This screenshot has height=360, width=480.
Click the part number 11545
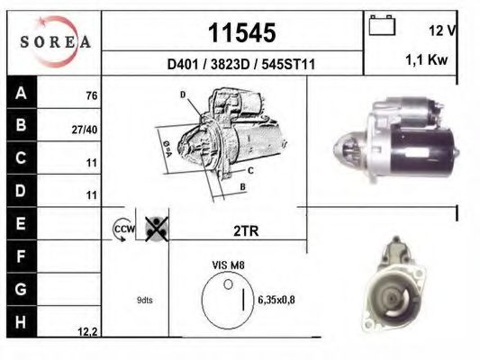click(x=241, y=33)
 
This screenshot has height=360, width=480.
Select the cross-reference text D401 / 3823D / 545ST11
click(x=241, y=65)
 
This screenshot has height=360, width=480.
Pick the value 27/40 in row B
click(x=85, y=129)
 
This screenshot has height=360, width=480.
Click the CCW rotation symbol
click(x=122, y=230)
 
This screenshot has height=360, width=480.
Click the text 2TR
click(x=245, y=230)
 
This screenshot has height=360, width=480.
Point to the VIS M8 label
click(x=229, y=265)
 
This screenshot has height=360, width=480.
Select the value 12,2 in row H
click(x=88, y=332)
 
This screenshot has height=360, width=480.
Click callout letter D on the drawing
click(x=182, y=94)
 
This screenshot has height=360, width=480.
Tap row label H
click(x=21, y=321)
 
